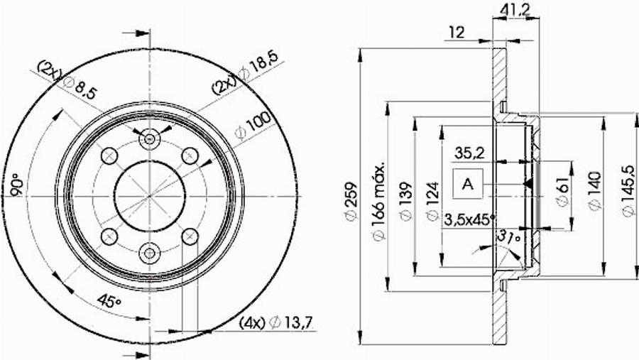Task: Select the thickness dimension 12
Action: (456, 31)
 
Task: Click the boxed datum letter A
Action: (467, 184)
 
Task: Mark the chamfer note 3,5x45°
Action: (469, 219)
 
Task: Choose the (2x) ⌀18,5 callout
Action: (244, 78)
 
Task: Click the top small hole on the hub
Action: (148, 138)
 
